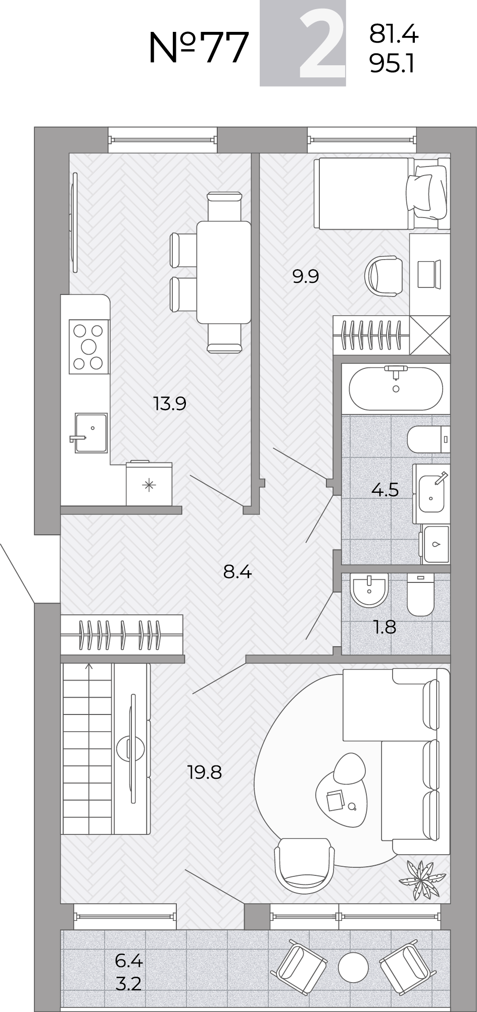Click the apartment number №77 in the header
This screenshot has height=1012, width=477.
coord(199,48)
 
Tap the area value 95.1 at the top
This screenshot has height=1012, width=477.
coord(392,64)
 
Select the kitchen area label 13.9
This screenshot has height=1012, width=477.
coord(170,404)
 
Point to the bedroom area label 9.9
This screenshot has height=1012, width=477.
coord(306,277)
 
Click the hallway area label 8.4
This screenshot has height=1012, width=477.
coord(237,572)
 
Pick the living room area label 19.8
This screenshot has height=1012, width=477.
coord(205,773)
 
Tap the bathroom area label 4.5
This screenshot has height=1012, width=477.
coord(385,490)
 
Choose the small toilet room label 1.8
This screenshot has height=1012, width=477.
coord(385,627)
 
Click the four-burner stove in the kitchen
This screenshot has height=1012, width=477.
coord(89,347)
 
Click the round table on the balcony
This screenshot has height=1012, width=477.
coord(352,968)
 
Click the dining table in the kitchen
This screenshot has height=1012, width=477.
coord(224,272)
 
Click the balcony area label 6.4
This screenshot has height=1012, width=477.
coord(129,960)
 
